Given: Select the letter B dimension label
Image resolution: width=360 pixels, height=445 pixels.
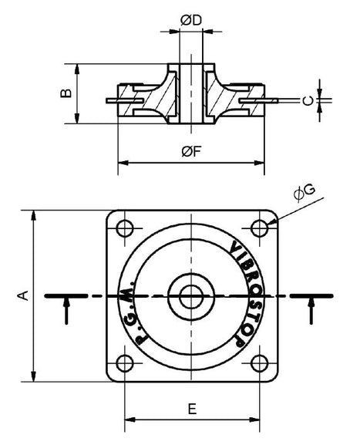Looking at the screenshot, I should pyautogui.click(x=67, y=93).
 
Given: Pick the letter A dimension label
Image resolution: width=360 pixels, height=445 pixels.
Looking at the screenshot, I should pyautogui.click(x=22, y=295).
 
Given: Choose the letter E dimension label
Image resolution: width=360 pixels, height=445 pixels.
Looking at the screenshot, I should pyautogui.click(x=191, y=409).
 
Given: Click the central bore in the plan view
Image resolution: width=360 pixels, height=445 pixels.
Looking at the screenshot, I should pyautogui.click(x=190, y=295).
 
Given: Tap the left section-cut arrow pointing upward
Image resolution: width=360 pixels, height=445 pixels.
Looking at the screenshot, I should pyautogui.click(x=68, y=311).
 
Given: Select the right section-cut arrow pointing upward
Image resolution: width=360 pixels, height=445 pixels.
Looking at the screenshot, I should pyautogui.click(x=311, y=311).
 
